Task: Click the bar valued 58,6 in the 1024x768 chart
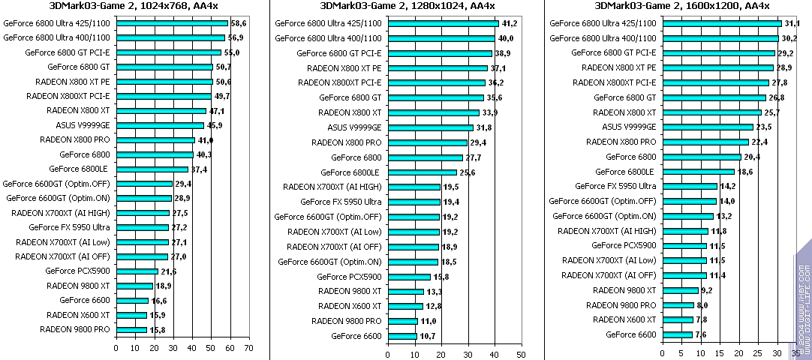tap(173, 23)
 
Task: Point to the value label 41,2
tap(510, 23)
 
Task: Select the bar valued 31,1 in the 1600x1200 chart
tap(721, 23)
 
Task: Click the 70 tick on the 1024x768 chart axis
tap(248, 348)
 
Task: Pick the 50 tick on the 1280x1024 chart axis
tap(519, 348)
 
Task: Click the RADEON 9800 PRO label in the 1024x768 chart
tap(75, 328)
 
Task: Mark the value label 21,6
tap(170, 271)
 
